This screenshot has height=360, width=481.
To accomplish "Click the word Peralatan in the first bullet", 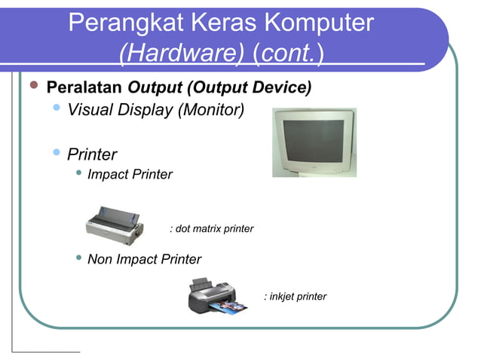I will point(84,87).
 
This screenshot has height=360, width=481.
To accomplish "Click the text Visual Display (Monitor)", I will point(156,111).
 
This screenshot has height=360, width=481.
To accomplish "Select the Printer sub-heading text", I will point(92,154).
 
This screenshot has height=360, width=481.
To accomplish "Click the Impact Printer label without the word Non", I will point(130,175).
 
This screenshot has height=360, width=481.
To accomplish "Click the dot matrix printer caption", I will point(212,228).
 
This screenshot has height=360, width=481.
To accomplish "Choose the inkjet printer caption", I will point(295,296).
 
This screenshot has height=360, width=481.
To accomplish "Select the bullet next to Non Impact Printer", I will point(79,259).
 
